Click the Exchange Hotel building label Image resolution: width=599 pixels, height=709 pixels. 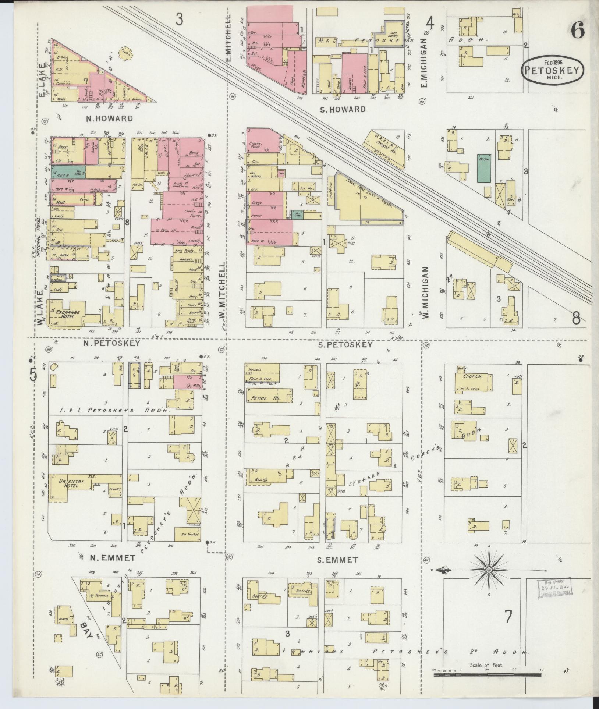pos(67,314)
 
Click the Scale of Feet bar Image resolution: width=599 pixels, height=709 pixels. pos(486,674)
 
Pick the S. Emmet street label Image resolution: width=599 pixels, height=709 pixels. pos(337,570)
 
